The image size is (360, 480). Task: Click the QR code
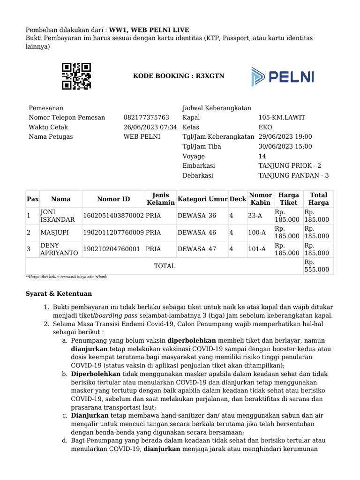[x=76, y=76]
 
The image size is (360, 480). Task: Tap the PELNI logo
[x=282, y=77]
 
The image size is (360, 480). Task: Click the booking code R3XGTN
[x=172, y=76]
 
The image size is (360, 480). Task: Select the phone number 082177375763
[x=146, y=118]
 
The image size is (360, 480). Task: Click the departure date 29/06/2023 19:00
[x=285, y=137]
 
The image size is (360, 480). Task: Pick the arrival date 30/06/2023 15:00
[x=285, y=147]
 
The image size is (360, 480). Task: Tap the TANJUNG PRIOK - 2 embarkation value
[x=290, y=166]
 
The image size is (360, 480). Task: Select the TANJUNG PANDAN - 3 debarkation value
[x=293, y=176]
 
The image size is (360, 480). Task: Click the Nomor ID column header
[x=113, y=199]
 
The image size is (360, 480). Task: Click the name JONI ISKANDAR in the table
[x=58, y=216]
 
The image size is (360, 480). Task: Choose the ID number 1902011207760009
[x=113, y=232]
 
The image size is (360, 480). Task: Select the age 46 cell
[x=212, y=232]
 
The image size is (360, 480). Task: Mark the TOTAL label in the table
[x=165, y=266]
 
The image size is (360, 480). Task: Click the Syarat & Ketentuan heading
[x=59, y=294]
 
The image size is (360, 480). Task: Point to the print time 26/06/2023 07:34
[x=150, y=127]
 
